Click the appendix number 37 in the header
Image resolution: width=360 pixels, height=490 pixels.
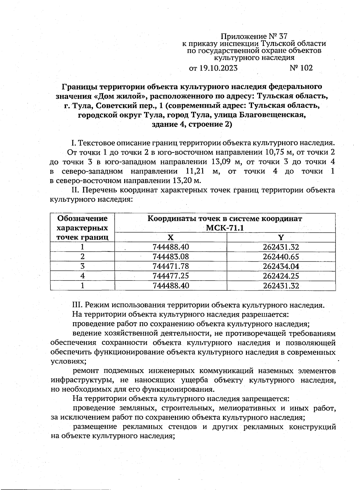(x=283, y=37)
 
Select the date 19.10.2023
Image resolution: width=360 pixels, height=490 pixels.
(x=218, y=68)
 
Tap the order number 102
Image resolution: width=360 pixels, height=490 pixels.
(x=306, y=68)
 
